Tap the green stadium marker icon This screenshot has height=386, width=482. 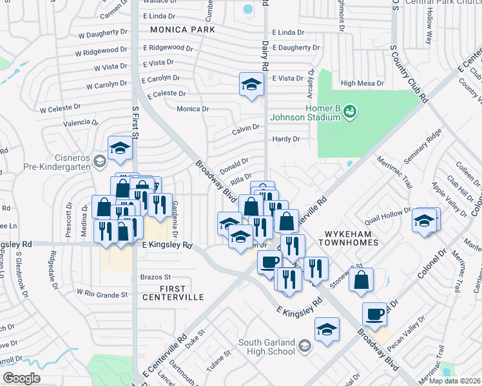[350, 112]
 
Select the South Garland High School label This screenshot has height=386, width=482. [267, 347]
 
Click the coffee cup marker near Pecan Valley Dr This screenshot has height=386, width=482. [374, 315]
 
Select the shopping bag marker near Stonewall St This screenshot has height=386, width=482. [363, 280]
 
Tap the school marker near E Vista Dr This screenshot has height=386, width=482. [251, 84]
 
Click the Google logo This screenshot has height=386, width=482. [21, 378]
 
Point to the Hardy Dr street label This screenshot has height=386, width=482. [286, 139]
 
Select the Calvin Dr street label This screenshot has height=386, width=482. [246, 127]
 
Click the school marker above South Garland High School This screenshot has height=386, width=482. [327, 329]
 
